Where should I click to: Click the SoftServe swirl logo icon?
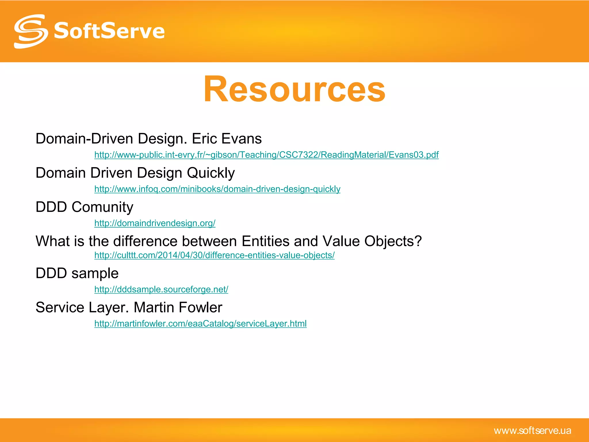[31, 31]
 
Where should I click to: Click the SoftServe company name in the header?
[109, 31]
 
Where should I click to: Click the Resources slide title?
[294, 89]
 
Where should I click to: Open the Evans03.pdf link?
[266, 155]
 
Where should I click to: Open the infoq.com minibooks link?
[217, 189]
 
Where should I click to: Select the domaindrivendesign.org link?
[155, 223]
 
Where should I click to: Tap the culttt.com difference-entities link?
[214, 255]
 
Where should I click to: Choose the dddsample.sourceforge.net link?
[161, 289]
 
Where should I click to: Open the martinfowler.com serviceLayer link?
[200, 323]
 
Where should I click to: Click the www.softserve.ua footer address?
[532, 430]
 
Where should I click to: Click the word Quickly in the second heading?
[211, 173]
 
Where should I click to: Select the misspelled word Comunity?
[102, 207]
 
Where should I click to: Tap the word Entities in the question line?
[265, 241]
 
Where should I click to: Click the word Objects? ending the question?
[393, 241]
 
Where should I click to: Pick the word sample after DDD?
[95, 273]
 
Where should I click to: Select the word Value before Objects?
[341, 241]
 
